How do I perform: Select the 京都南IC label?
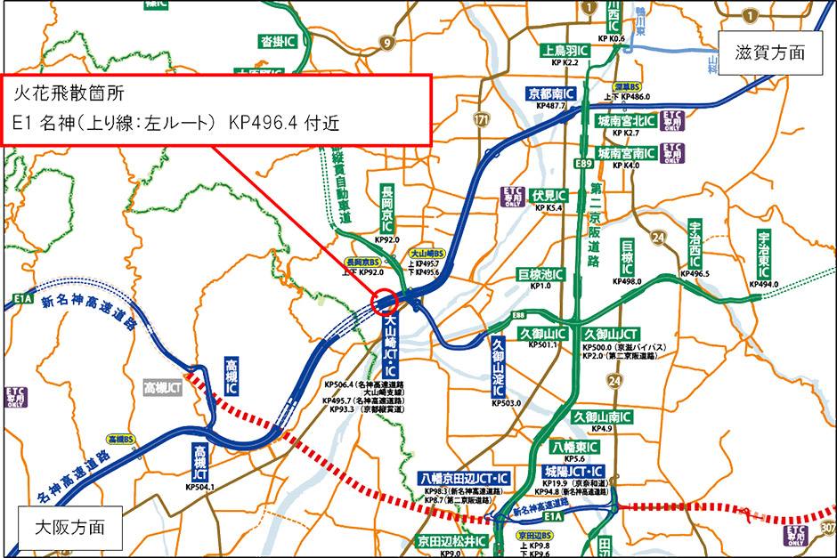(x=552, y=93)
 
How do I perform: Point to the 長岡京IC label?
(x=387, y=209)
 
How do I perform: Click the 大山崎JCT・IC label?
(x=391, y=346)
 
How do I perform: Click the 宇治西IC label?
(x=695, y=242)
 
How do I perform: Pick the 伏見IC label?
(x=549, y=195)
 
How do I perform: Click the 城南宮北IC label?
(x=626, y=120)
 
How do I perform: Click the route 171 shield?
(x=482, y=118)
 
